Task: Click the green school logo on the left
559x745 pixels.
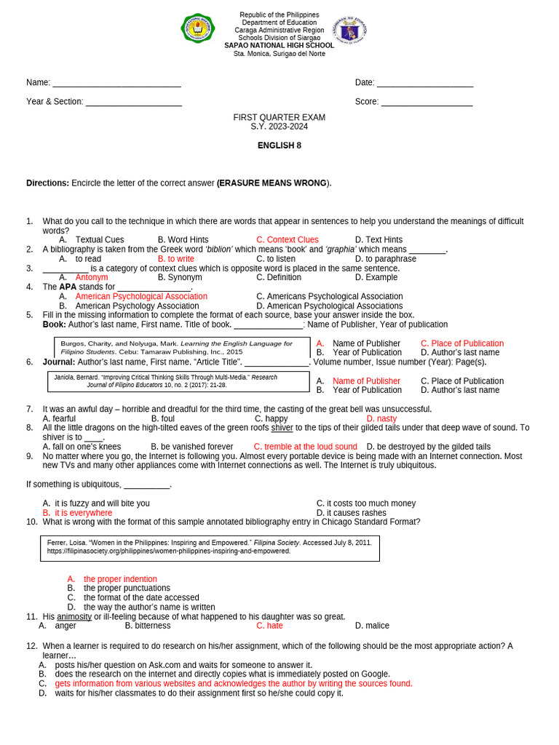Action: (x=198, y=29)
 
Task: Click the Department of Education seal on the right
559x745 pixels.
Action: (x=349, y=30)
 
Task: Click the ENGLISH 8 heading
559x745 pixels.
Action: (x=279, y=146)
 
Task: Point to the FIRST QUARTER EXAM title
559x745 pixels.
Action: (x=279, y=117)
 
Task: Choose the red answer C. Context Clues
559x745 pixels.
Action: (x=288, y=240)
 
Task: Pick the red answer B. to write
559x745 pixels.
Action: (x=176, y=259)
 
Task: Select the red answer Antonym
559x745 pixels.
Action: (x=92, y=278)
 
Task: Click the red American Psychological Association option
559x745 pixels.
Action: (x=141, y=297)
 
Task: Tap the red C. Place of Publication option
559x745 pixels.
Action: (x=462, y=343)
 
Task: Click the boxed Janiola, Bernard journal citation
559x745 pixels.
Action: (x=178, y=381)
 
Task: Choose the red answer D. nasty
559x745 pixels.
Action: (x=381, y=419)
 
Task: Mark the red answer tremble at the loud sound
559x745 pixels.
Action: (x=305, y=447)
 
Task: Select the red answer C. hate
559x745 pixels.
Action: (x=269, y=626)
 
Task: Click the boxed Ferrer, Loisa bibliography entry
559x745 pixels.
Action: (x=209, y=547)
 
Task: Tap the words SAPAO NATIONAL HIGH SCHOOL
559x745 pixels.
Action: (x=279, y=45)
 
